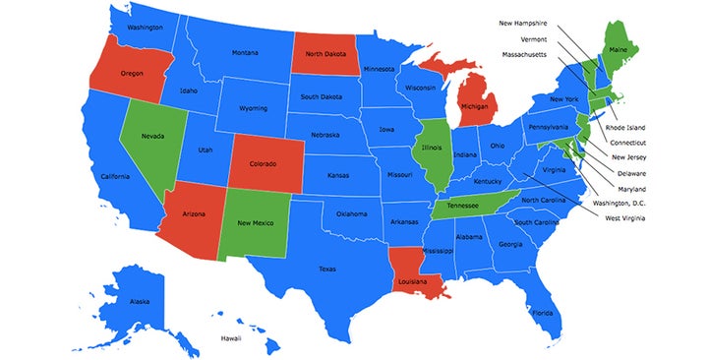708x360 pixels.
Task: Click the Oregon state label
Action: click(132, 73)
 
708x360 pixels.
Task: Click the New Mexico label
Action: click(256, 223)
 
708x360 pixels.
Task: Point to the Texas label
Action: click(327, 269)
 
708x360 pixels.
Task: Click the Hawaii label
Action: click(230, 339)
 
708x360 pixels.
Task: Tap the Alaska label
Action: click(140, 301)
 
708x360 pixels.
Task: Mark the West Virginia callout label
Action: click(626, 217)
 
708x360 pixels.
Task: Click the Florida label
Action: click(542, 314)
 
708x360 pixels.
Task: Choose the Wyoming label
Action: click(253, 107)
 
